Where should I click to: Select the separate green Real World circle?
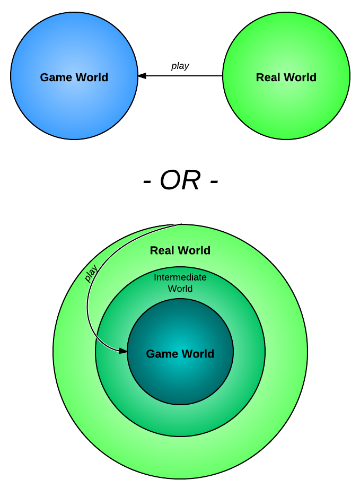point(286,106)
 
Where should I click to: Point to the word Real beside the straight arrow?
point(267,77)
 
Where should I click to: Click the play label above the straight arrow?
point(180,66)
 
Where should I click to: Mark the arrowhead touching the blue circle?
point(142,76)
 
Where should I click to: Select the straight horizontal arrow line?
point(186,76)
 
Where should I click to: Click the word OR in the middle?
point(180,181)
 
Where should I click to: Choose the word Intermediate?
point(180,277)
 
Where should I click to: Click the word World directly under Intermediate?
point(180,289)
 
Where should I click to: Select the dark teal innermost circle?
point(180,382)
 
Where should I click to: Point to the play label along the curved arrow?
point(91,274)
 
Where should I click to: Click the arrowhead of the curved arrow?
point(123,351)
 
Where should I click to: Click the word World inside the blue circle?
point(89,77)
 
